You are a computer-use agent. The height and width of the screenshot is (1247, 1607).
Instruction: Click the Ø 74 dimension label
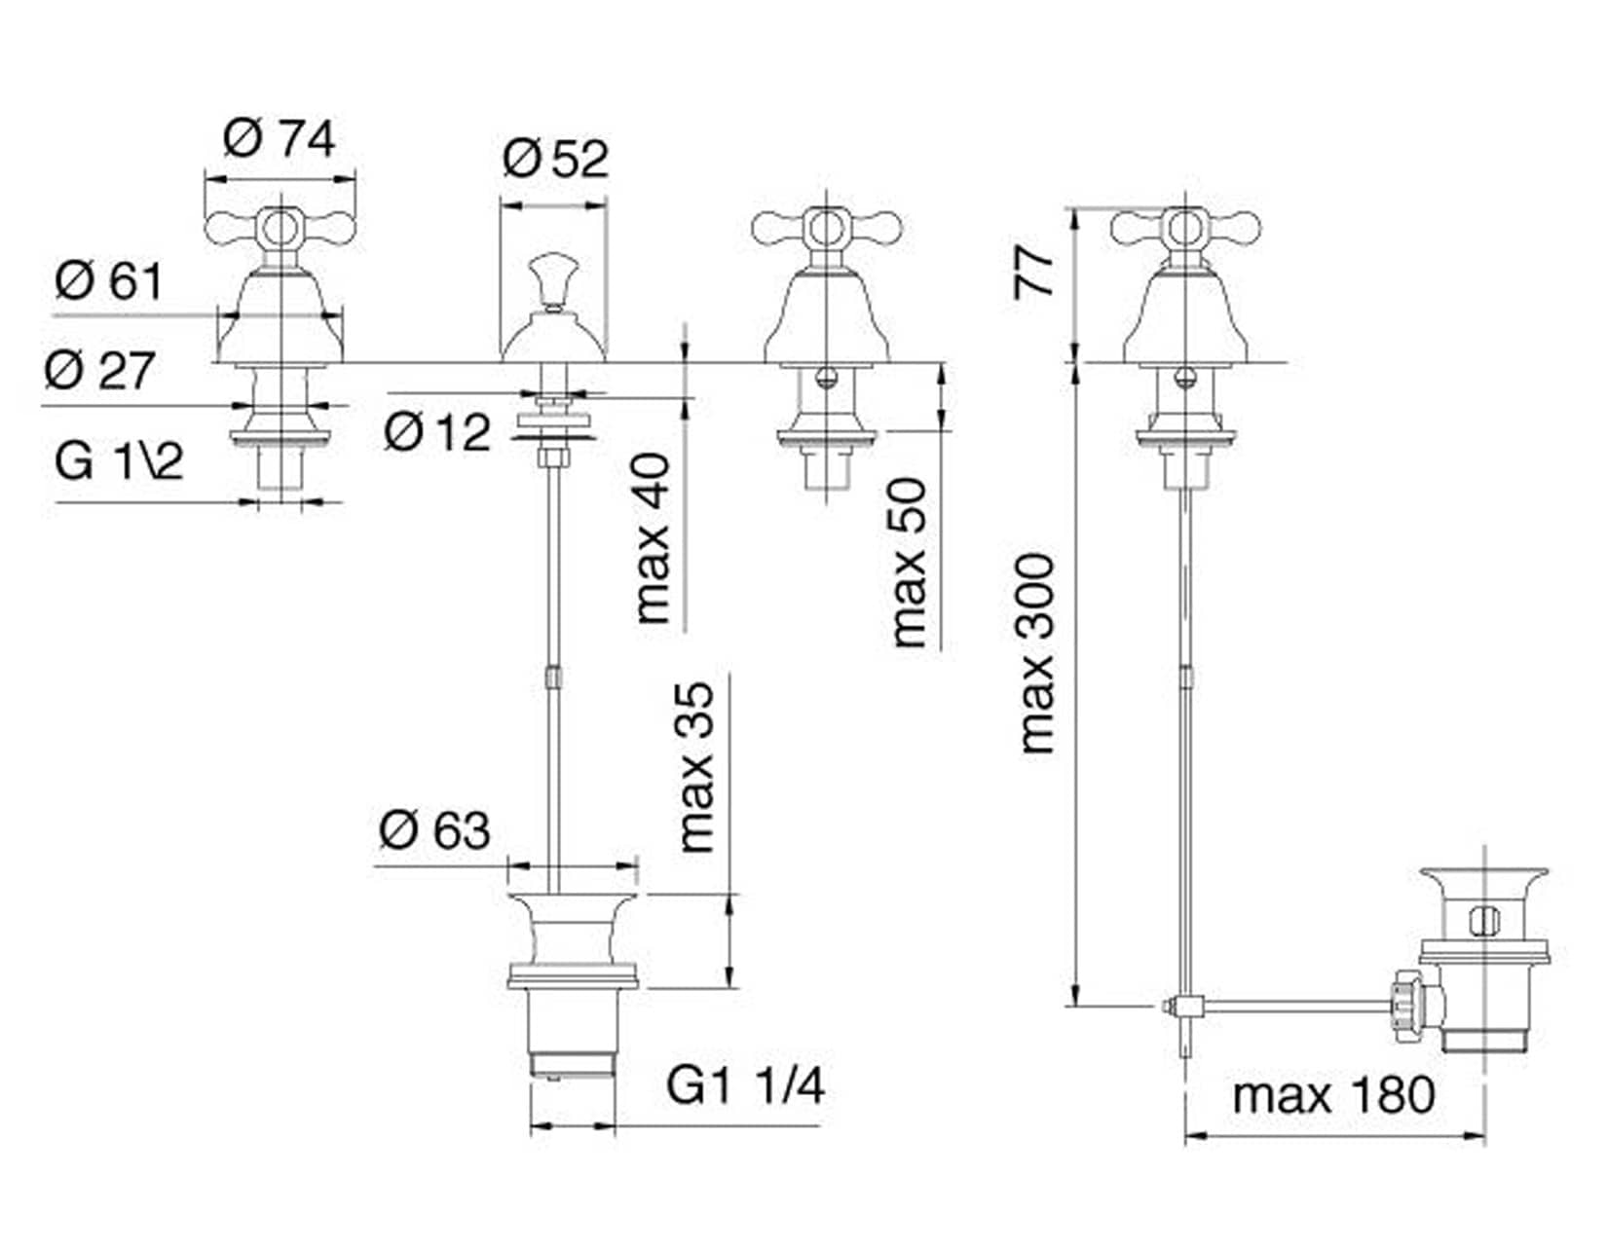(x=279, y=139)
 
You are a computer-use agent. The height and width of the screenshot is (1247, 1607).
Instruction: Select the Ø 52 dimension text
(x=555, y=159)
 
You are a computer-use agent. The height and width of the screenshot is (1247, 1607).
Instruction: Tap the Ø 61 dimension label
(x=109, y=282)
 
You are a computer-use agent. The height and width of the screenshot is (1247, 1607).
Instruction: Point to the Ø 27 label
(x=99, y=371)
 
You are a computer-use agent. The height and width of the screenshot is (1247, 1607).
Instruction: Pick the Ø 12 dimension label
(x=437, y=430)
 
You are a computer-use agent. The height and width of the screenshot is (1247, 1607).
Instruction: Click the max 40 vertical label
(x=654, y=538)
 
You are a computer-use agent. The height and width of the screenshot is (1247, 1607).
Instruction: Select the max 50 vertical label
(x=909, y=562)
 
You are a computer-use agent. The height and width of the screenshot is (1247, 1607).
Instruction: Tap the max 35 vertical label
(x=697, y=767)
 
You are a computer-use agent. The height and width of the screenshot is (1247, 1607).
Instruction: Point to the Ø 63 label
(x=434, y=830)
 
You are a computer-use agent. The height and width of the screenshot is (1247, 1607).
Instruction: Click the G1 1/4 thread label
(x=745, y=1085)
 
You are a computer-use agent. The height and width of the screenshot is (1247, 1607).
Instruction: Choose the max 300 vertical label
(x=1037, y=654)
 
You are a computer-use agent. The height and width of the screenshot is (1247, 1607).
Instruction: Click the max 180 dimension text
(x=1333, y=1095)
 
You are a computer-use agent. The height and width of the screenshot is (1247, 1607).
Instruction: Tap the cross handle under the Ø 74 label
(x=280, y=229)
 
